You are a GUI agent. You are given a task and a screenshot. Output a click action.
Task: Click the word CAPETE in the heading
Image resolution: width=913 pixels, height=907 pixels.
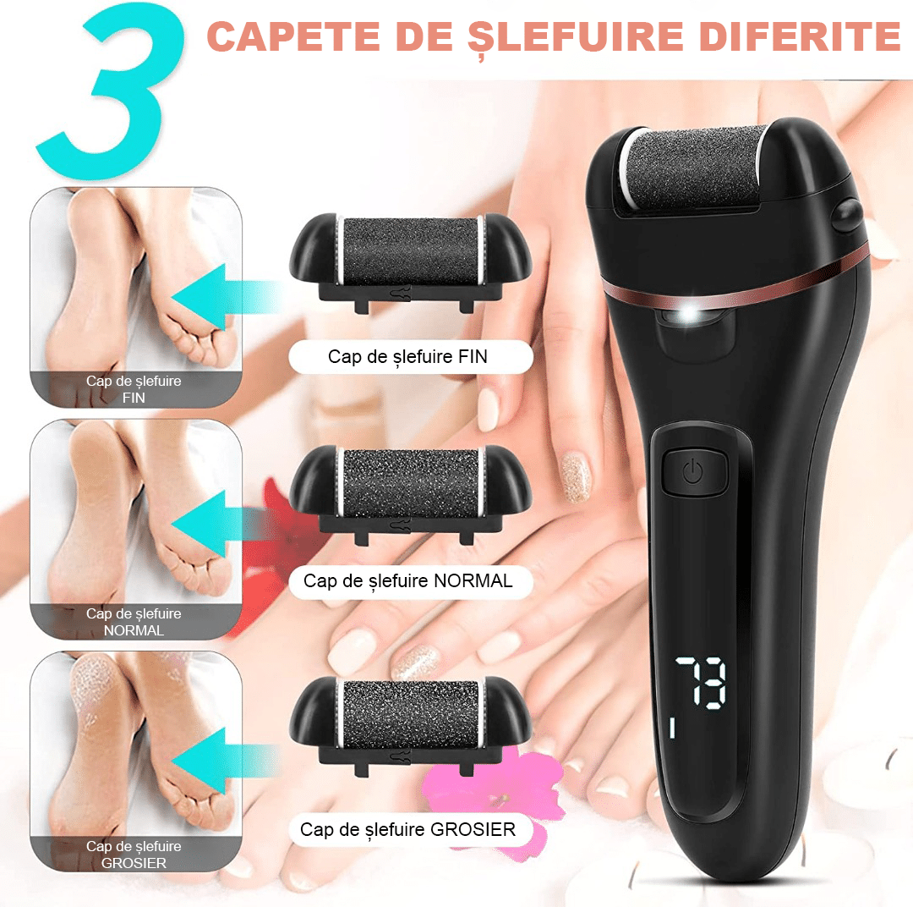point(294,36)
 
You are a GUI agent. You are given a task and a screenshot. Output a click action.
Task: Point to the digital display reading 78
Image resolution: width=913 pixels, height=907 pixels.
point(701,682)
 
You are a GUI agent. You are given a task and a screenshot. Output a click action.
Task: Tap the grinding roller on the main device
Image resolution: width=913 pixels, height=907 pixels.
point(693,169)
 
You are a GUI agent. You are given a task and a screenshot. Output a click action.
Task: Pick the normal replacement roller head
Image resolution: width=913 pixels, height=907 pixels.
point(411,492)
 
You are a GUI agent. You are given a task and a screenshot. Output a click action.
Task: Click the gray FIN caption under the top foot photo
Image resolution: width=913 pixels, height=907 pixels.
point(134,389)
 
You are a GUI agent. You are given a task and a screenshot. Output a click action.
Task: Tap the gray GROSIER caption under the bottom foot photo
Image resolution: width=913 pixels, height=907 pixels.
point(134,855)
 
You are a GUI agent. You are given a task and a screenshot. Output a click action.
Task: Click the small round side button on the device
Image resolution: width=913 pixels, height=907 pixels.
point(845,215)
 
